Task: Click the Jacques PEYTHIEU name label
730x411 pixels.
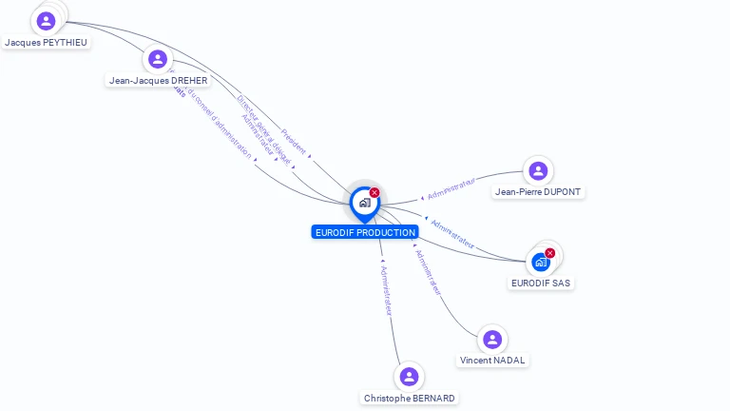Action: tap(46, 43)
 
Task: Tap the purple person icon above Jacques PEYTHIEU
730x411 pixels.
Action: tap(46, 20)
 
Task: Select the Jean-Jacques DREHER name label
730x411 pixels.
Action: tap(158, 81)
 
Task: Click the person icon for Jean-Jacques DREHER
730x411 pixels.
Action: tap(158, 59)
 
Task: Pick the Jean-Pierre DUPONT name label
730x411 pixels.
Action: tap(538, 192)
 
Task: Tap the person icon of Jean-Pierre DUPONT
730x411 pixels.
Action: tap(538, 170)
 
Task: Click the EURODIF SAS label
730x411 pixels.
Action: tap(542, 284)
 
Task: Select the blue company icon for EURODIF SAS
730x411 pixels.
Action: tap(541, 262)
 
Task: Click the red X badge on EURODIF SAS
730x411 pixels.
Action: tap(549, 253)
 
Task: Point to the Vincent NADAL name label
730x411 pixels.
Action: tap(492, 361)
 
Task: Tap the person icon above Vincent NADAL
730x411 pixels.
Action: tap(491, 339)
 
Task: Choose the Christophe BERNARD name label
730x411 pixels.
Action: tap(409, 398)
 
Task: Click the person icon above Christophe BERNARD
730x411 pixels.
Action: tap(409, 376)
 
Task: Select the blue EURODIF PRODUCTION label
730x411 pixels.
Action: tap(364, 232)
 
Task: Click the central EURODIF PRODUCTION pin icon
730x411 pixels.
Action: tap(364, 202)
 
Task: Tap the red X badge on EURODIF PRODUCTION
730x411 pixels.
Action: tap(375, 193)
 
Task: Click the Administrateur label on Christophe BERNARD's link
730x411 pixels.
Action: tap(386, 290)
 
